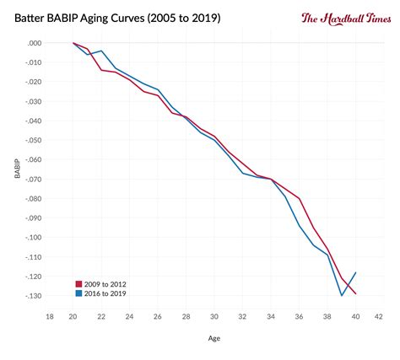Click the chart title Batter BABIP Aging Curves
tap(117, 18)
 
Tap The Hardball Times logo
tap(343, 18)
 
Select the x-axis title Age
tap(214, 340)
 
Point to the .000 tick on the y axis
tap(33, 43)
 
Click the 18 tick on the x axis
tap(50, 316)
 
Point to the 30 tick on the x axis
tap(214, 316)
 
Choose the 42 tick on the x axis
tap(379, 316)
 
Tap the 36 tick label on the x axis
tap(297, 316)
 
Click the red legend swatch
tap(78, 284)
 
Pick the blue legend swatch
tap(78, 294)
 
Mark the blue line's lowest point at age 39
tap(341, 295)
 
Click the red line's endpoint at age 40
tap(355, 293)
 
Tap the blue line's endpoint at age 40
tap(355, 272)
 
